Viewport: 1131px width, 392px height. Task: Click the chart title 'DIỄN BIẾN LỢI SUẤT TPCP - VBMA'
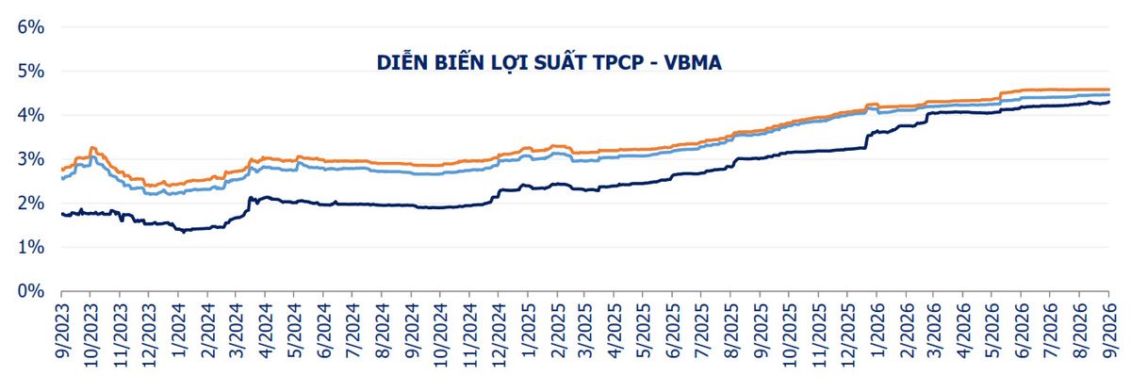click(x=549, y=62)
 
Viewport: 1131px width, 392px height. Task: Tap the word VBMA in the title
click(x=692, y=62)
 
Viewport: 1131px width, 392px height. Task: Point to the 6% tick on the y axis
click(x=31, y=26)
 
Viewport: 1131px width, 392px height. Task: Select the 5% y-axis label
click(x=31, y=71)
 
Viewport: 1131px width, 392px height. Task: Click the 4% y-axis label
click(x=31, y=115)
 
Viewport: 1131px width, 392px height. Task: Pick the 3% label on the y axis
click(x=31, y=159)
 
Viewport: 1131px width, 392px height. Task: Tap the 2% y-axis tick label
click(x=31, y=204)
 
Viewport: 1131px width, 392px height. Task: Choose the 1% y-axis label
click(x=31, y=247)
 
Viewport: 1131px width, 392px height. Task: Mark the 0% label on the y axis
click(x=31, y=291)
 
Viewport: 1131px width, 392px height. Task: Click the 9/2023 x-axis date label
click(x=62, y=330)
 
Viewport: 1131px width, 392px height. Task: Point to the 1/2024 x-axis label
click(x=179, y=330)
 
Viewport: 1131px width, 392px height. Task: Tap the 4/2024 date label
click(x=266, y=330)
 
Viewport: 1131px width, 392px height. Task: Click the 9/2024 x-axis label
click(x=412, y=330)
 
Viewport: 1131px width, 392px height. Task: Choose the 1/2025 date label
click(x=528, y=330)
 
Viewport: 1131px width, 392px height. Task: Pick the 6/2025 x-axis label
click(x=673, y=330)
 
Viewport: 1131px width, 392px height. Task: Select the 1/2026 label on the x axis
click(x=877, y=330)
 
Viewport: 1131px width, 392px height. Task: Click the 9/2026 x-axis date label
click(x=1110, y=330)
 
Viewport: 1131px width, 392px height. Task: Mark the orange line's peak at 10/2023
click(x=92, y=147)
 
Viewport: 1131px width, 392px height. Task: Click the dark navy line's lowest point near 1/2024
click(x=183, y=232)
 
